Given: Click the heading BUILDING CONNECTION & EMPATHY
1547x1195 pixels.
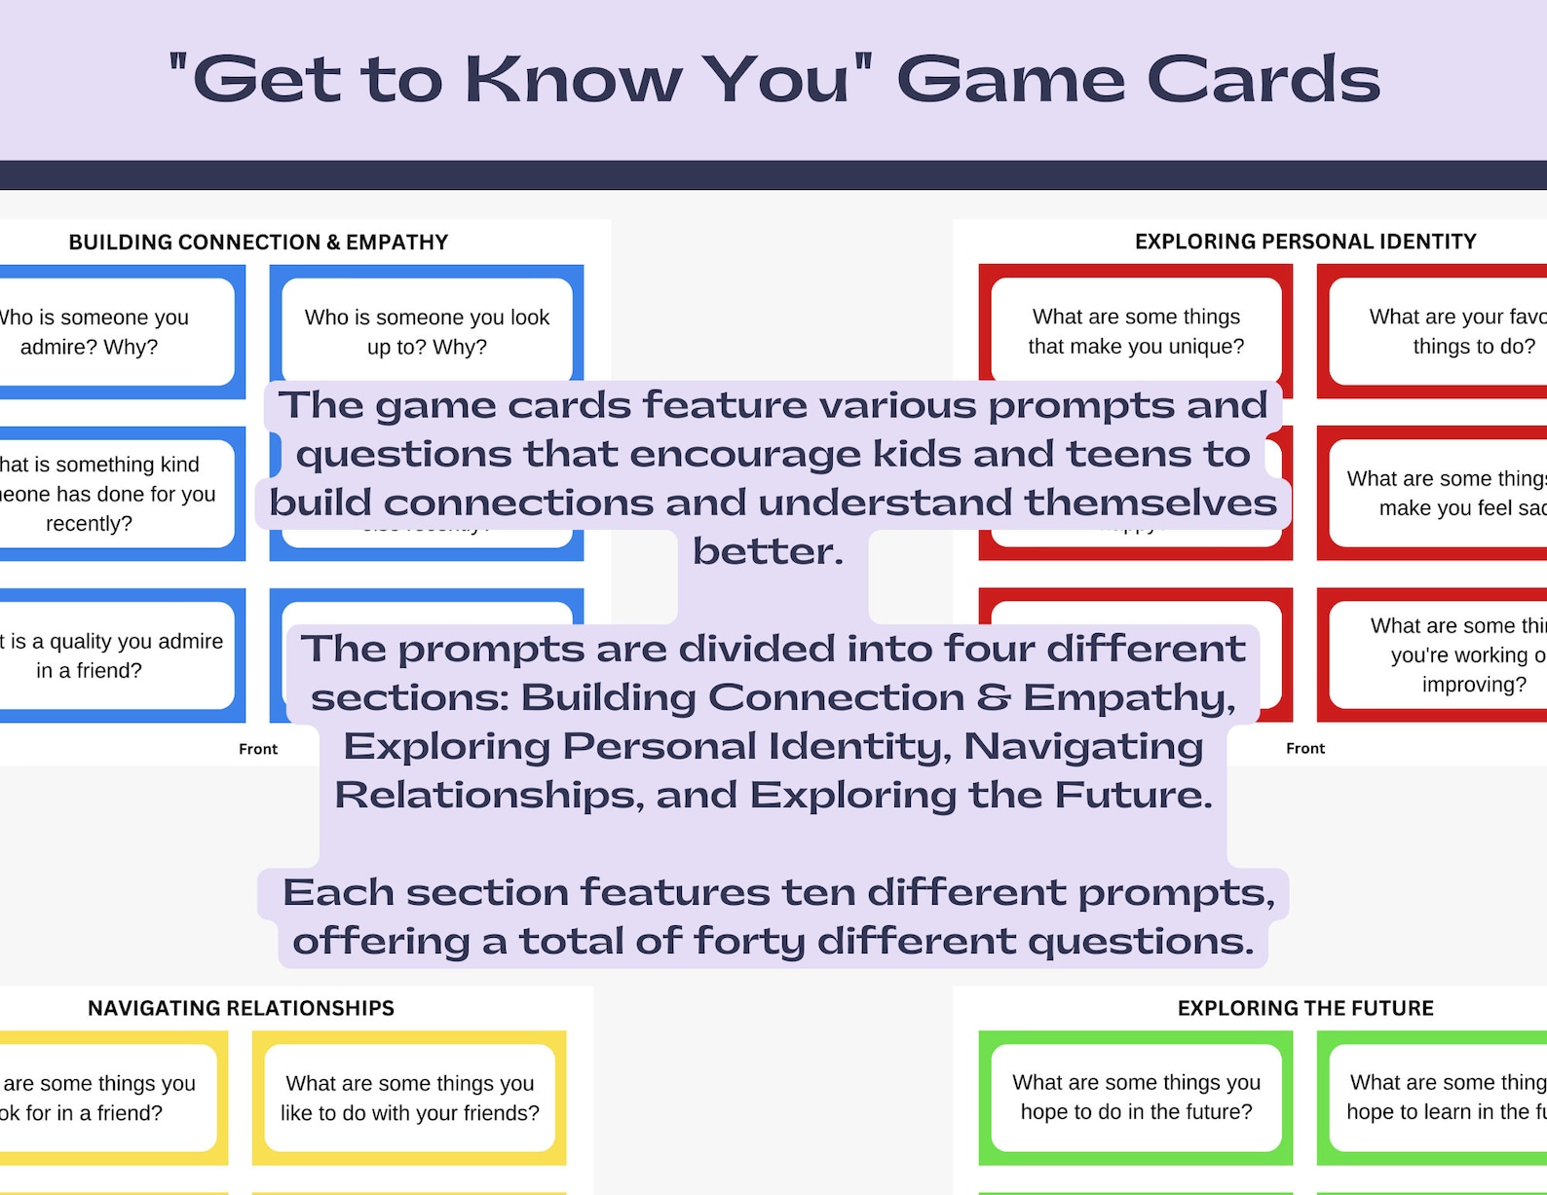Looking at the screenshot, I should (x=258, y=243).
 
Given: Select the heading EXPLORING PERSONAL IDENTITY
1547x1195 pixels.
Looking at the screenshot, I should (x=1305, y=242).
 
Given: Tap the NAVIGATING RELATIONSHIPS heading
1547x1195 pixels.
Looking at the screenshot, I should (x=241, y=1008).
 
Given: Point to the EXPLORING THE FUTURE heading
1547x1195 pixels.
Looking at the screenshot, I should (x=1305, y=1008).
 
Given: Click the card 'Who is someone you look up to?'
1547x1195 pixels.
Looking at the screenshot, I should (x=427, y=331).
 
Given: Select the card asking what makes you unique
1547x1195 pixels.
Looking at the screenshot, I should (x=1136, y=331).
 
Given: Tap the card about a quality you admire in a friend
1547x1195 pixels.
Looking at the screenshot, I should (x=107, y=655).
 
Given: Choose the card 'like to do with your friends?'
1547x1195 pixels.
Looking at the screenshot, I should (x=409, y=1098).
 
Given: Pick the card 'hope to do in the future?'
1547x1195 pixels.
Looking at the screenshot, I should (x=1136, y=1098).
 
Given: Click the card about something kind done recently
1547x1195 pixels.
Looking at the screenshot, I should (x=107, y=493).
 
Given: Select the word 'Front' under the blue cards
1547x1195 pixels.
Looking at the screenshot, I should (x=258, y=749).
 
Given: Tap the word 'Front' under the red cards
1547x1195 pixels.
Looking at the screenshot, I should (x=1305, y=748).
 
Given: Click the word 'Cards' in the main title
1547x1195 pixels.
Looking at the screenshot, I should (x=1264, y=80).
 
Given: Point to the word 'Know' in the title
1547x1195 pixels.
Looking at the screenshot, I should (x=573, y=80).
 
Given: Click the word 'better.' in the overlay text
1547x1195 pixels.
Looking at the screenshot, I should (x=768, y=551).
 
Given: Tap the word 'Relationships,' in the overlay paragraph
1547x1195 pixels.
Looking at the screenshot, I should (x=489, y=795).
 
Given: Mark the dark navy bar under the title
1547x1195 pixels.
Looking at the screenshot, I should (x=773, y=175).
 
